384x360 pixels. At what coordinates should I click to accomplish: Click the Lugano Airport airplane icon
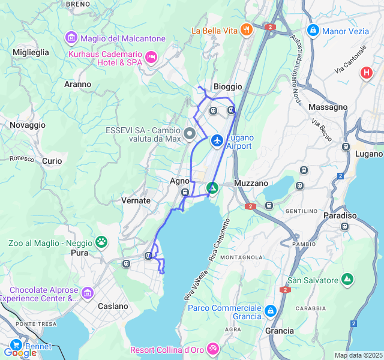point(217,140)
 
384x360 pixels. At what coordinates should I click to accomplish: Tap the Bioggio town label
point(228,86)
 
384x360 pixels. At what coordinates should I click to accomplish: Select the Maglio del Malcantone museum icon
point(71,38)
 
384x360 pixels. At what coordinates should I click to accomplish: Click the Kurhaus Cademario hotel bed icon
point(151,57)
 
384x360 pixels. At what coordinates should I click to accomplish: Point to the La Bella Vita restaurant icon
point(245,29)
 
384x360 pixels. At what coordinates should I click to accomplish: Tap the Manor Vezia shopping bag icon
point(312,30)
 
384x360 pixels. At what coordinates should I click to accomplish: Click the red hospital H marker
point(366,73)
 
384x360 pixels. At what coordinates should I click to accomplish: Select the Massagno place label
point(328,107)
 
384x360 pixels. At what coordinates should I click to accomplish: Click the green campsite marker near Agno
point(212,188)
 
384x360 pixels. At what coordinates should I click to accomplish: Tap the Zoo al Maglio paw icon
point(102,242)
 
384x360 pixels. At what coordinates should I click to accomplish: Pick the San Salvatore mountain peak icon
point(347,280)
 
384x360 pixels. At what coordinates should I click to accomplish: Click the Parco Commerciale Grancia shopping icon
point(271,311)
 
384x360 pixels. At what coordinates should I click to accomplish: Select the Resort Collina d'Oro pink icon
point(212,349)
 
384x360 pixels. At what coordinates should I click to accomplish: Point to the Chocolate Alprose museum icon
point(88,293)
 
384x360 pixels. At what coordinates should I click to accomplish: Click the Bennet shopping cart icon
point(16,346)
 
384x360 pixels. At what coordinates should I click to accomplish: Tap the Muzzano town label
point(251,182)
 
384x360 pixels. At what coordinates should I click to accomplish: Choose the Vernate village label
point(136,200)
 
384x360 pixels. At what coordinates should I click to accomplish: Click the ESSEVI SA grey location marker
point(190,134)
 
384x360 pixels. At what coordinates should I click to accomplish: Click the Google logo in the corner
point(20,353)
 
